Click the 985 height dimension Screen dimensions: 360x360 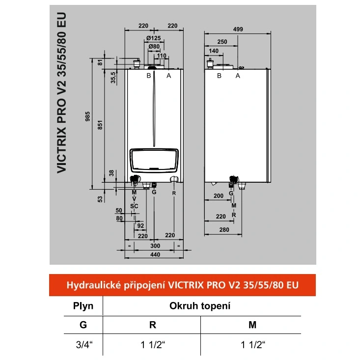pyautogui.click(x=87, y=116)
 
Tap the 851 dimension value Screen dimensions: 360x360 pyautogui.click(x=100, y=125)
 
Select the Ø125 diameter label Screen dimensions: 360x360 pyautogui.click(x=154, y=38)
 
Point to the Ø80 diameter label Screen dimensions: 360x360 pyautogui.click(x=154, y=47)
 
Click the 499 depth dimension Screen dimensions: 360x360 pyautogui.click(x=238, y=29)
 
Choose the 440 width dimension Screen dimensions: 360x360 pyautogui.click(x=155, y=254)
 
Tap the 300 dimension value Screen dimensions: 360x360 pyautogui.click(x=155, y=246)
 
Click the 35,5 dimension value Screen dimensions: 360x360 pyautogui.click(x=113, y=78)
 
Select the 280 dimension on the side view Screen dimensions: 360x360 pyautogui.click(x=224, y=230)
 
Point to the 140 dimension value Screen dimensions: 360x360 pyautogui.click(x=214, y=51)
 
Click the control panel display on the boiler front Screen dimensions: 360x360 pyautogui.click(x=154, y=161)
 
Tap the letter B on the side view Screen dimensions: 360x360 pyautogui.click(x=219, y=76)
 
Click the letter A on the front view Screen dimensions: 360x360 pyautogui.click(x=169, y=76)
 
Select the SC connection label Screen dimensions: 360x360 pyautogui.click(x=134, y=206)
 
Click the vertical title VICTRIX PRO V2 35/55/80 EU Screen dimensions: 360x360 pyautogui.click(x=61, y=93)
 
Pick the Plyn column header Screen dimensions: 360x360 pyautogui.click(x=83, y=306)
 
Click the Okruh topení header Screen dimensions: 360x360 pyautogui.click(x=200, y=306)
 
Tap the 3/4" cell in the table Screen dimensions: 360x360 pyautogui.click(x=84, y=345)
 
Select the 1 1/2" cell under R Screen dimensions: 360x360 pyautogui.click(x=153, y=345)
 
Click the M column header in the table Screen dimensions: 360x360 pyautogui.click(x=252, y=325)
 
